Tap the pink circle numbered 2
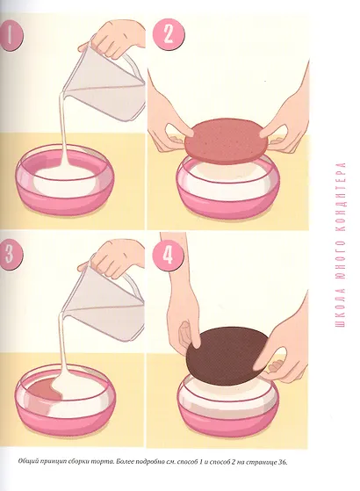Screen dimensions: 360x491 point(168,34)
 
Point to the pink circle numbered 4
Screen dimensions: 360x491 point(168,255)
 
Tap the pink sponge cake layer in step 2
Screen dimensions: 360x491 point(226,141)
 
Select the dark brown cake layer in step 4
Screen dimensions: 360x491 point(227,356)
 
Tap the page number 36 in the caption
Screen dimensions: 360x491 point(282,462)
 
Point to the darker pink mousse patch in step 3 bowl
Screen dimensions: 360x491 point(44,391)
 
